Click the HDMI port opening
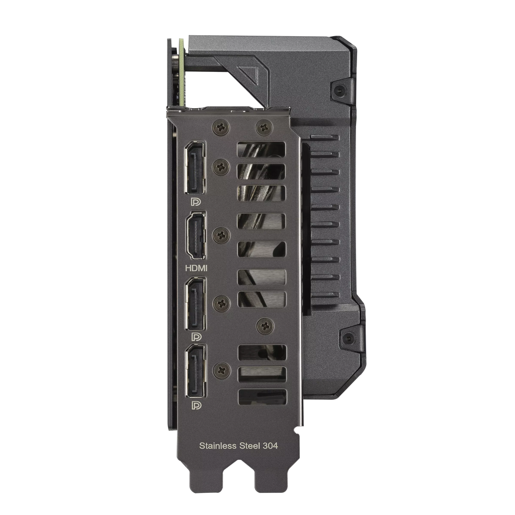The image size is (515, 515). pos(196,235)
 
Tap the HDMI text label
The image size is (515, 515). pos(196,269)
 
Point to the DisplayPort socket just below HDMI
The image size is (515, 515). pos(196,303)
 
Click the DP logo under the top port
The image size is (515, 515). pos(196,201)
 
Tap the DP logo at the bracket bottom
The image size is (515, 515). pos(197,406)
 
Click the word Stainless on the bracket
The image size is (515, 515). pos(218,446)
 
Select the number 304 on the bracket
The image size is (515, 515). pos(270,446)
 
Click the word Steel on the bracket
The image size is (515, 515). pos(249,446)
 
